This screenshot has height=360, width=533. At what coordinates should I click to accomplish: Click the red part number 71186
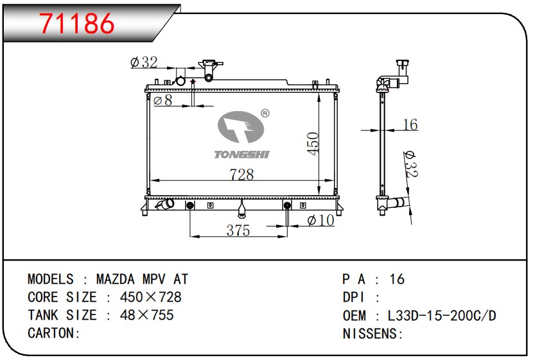coord(77,23)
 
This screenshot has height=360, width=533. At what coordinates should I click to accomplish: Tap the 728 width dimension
coord(241,175)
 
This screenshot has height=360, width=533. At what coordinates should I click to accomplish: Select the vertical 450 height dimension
coord(313,144)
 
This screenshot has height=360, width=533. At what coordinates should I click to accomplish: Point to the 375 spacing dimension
coord(238,230)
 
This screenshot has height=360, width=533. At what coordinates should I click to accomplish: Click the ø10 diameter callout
coord(320,220)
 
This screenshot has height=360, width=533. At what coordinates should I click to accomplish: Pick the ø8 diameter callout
coord(163,100)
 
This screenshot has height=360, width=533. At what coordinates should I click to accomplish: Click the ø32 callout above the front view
coord(144,62)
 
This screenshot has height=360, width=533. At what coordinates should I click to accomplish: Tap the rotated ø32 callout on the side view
coord(410,164)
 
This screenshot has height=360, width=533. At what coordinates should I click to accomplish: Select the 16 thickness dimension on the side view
coord(410,124)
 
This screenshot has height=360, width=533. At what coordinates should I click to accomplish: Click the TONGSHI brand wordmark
coord(241,155)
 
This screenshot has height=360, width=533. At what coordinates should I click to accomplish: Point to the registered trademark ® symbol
coord(265,114)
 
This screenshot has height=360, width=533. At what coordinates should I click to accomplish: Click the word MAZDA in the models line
coord(115,279)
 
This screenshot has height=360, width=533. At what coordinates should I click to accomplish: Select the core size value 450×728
coord(150,297)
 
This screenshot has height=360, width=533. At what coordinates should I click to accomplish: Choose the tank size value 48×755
coord(147,315)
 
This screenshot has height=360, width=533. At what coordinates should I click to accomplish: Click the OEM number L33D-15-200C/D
coord(442,316)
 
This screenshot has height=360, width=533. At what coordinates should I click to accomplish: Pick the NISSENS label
coord(369,334)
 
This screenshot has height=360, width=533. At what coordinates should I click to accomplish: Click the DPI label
coord(354,298)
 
